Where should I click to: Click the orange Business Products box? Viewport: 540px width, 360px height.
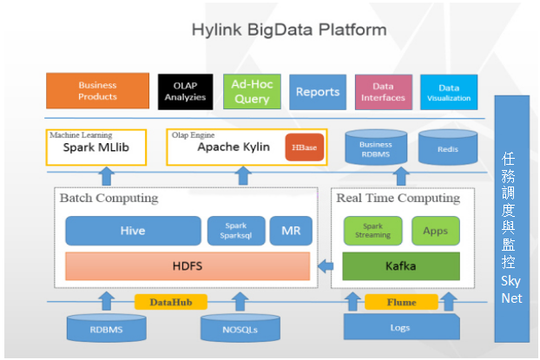tap(97, 91)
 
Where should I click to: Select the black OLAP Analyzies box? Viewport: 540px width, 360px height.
tap(185, 92)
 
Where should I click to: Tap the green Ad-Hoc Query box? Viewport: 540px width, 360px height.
tap(252, 92)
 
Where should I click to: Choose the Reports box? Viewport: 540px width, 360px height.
tap(318, 92)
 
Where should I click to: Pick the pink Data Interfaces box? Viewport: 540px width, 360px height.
tap(384, 92)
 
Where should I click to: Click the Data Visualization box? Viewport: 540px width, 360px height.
tap(449, 92)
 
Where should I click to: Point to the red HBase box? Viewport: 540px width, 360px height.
tap(305, 147)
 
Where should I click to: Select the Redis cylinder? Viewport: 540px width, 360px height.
tap(448, 147)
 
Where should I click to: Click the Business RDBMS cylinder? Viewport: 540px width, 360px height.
tap(376, 147)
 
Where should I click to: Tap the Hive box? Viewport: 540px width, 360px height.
tap(133, 231)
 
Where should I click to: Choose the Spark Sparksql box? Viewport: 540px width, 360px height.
tap(236, 231)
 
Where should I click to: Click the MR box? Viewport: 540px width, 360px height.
tap(291, 231)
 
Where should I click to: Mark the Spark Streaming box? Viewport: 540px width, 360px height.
tap(372, 231)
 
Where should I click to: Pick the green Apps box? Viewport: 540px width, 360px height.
tap(436, 231)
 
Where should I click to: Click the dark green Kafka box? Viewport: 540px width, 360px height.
tap(401, 266)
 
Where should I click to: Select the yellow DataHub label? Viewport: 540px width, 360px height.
tap(171, 302)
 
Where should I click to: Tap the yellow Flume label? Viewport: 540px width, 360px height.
tap(401, 302)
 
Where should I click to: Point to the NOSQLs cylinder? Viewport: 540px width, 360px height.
tap(240, 328)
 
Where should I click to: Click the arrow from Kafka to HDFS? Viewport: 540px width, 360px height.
tap(326, 265)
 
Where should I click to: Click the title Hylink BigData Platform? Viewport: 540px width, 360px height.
tap(289, 29)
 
